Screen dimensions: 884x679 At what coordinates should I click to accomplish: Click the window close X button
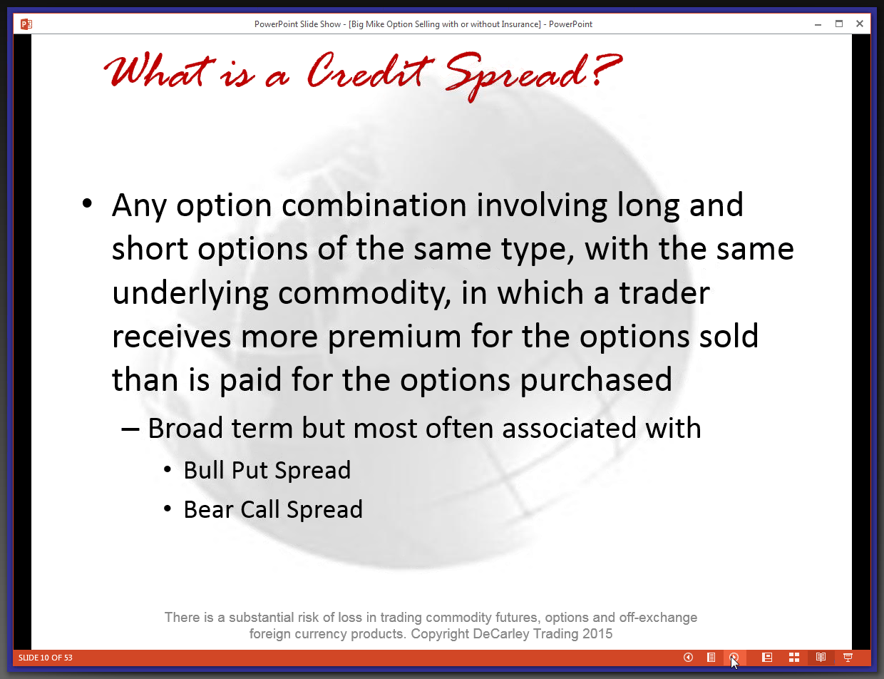click(x=859, y=24)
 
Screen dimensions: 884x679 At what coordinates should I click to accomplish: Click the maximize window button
click(x=839, y=24)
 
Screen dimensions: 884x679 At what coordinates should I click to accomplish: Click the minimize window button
click(x=818, y=25)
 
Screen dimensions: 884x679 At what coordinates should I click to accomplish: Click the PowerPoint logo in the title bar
click(x=26, y=24)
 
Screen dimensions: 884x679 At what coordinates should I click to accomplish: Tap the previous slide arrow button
click(x=689, y=658)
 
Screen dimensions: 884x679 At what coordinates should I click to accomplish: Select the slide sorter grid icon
click(x=794, y=658)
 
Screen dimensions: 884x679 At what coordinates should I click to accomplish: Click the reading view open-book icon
click(x=821, y=658)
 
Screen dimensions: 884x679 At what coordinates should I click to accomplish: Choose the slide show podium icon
click(x=848, y=658)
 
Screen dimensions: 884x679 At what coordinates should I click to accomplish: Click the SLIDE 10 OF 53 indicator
click(x=46, y=658)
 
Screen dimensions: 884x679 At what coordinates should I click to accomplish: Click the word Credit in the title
click(x=370, y=71)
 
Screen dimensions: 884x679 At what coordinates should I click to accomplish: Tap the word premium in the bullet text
click(x=394, y=337)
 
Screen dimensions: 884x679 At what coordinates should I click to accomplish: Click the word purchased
click(x=596, y=380)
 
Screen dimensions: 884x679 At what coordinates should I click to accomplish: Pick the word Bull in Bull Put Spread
click(x=203, y=470)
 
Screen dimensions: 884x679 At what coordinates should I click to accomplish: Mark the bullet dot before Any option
click(x=87, y=203)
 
